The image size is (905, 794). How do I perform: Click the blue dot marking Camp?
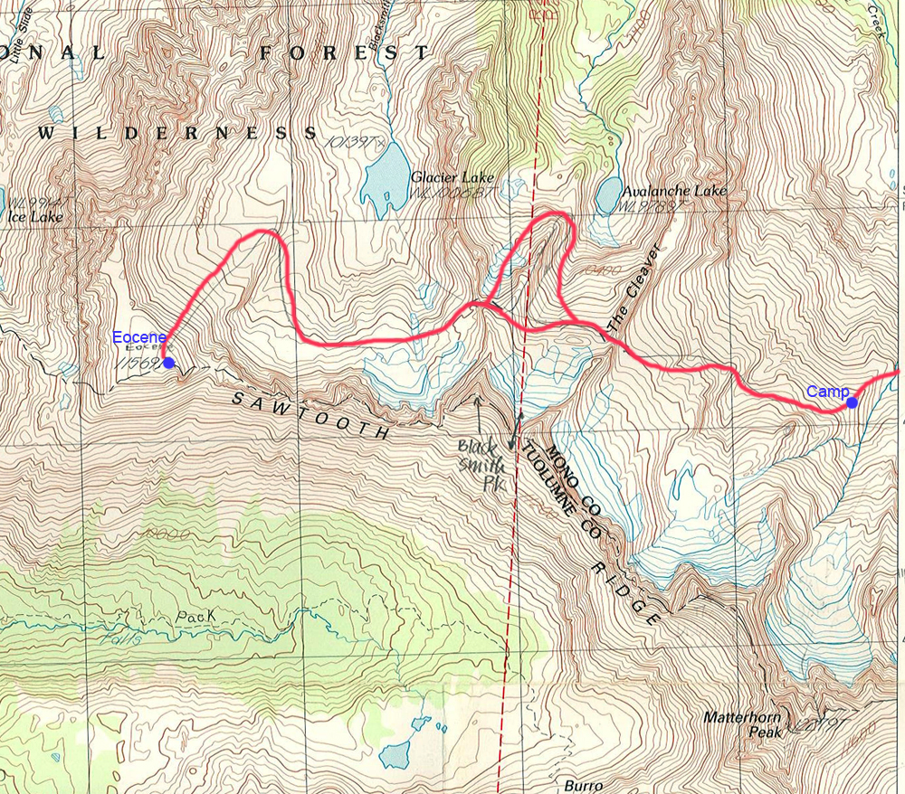click(852, 403)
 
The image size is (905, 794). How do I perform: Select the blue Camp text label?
click(827, 392)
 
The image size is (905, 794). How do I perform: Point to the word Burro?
click(583, 785)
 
